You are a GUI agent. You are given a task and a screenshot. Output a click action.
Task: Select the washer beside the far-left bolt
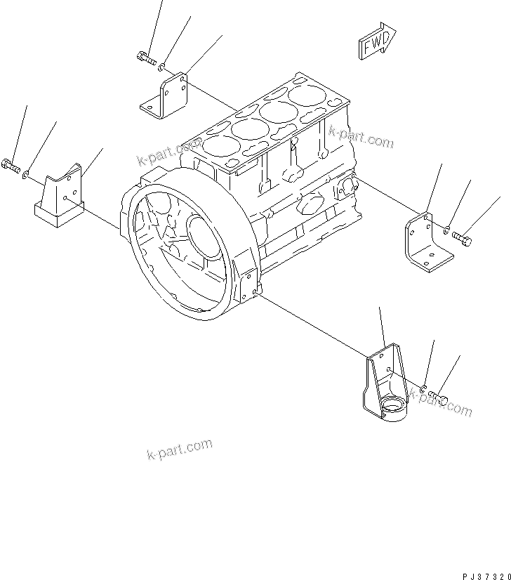click(27, 174)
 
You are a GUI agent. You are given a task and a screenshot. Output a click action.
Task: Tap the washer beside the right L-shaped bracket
click(447, 229)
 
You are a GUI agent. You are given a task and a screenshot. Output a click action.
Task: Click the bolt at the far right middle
click(463, 239)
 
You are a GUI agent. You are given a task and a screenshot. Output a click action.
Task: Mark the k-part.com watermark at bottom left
click(179, 449)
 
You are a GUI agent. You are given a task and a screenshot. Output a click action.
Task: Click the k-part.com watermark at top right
click(361, 138)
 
